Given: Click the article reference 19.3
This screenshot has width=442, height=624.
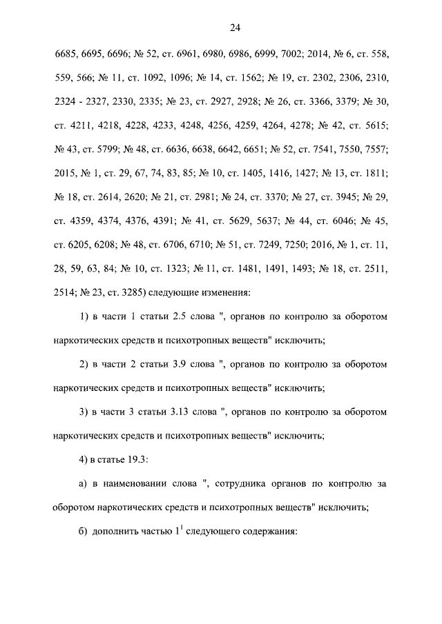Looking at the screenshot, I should click(142, 460).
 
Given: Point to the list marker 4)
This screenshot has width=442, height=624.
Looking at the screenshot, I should click(84, 460).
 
